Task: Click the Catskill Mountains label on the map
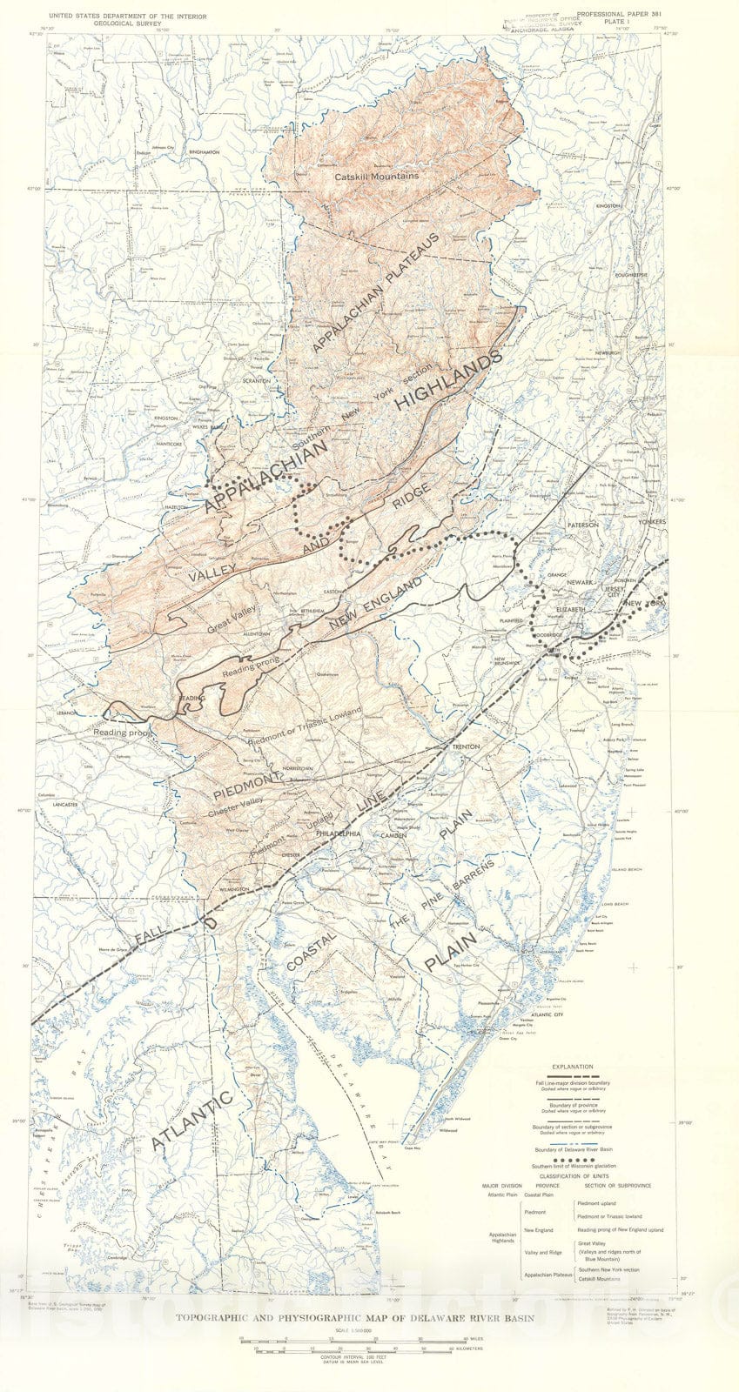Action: pyautogui.click(x=376, y=176)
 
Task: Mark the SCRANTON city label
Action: pyautogui.click(x=257, y=380)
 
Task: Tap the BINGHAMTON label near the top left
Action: pyautogui.click(x=204, y=152)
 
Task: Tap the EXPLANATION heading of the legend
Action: pyautogui.click(x=572, y=1067)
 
